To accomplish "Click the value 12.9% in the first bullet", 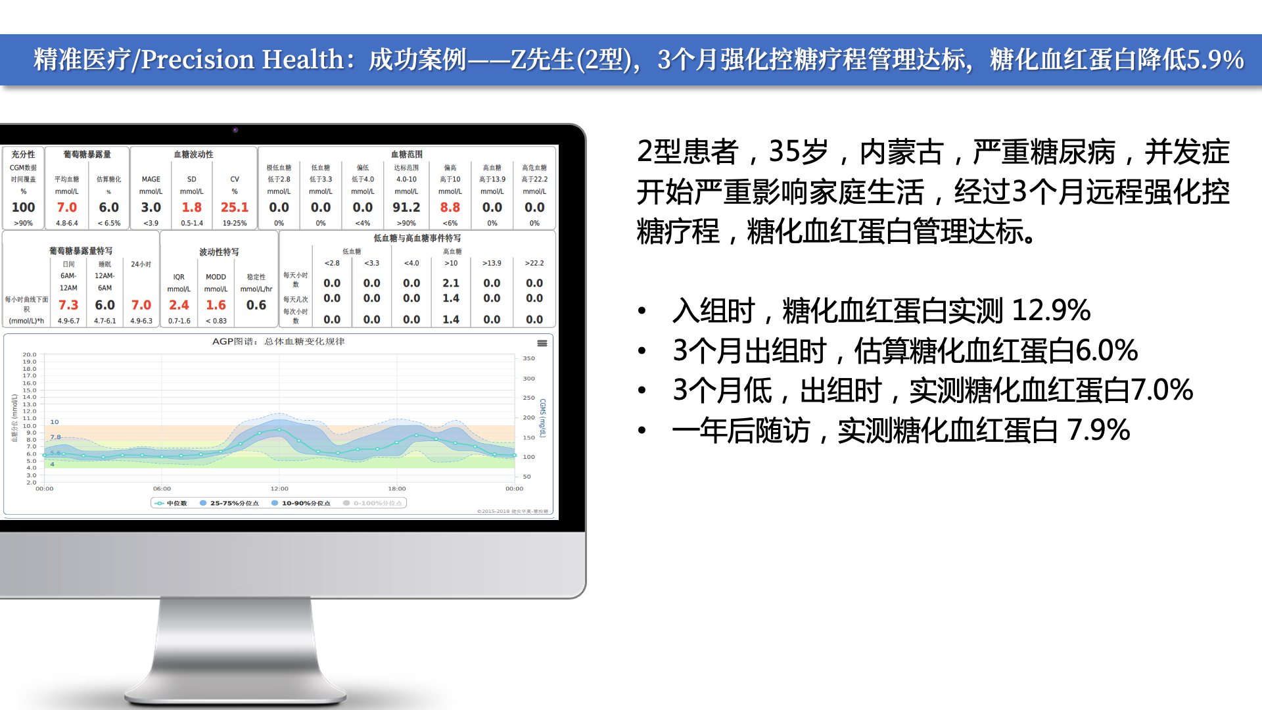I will pyautogui.click(x=1050, y=310).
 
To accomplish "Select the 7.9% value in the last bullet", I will pyautogui.click(x=1098, y=431).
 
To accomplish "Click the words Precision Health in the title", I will pyautogui.click(x=243, y=60).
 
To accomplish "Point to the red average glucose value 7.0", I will pyautogui.click(x=67, y=207).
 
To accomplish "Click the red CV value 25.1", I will pyautogui.click(x=234, y=207).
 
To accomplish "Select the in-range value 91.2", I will pyautogui.click(x=406, y=207).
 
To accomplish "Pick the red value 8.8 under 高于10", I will pyautogui.click(x=450, y=207).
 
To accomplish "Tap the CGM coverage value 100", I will pyautogui.click(x=24, y=207).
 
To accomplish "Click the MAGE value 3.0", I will pyautogui.click(x=151, y=207).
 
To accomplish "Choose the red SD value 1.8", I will pyautogui.click(x=192, y=207).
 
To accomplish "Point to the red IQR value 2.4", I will pyautogui.click(x=179, y=305).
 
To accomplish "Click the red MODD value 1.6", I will pyautogui.click(x=216, y=305).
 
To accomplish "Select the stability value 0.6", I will pyautogui.click(x=256, y=305).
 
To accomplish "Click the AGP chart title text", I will pyautogui.click(x=278, y=342).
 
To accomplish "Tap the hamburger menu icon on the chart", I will pyautogui.click(x=542, y=343).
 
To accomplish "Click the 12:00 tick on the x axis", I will pyautogui.click(x=279, y=488).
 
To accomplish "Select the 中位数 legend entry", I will pyautogui.click(x=172, y=503).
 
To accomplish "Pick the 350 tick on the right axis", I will pyautogui.click(x=528, y=358).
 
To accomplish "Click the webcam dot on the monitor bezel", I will pyautogui.click(x=235, y=130).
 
